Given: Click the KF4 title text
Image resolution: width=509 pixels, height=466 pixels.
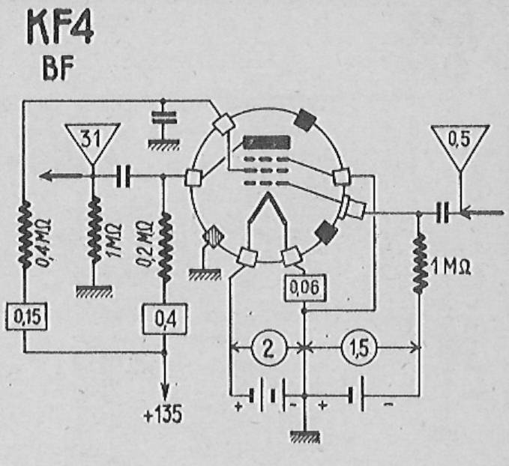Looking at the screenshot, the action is click(60, 27).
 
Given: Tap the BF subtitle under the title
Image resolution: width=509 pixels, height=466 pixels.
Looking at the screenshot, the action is click(58, 68).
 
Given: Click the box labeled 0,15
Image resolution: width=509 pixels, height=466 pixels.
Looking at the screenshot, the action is click(27, 316).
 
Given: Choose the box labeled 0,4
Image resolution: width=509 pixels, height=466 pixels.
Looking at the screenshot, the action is click(165, 319).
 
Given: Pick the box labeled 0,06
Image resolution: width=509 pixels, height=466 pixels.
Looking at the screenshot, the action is click(305, 288).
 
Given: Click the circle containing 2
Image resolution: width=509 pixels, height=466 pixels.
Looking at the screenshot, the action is click(269, 348).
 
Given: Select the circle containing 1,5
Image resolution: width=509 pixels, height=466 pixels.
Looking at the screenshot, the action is click(359, 348).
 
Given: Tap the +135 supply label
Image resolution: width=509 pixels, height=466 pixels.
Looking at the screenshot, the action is click(163, 414).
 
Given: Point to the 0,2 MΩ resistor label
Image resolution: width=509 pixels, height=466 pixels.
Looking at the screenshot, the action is click(145, 243).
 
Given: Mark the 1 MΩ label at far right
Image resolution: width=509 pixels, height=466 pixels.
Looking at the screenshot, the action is click(451, 267).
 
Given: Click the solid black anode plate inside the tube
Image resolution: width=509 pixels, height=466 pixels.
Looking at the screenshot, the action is click(267, 142).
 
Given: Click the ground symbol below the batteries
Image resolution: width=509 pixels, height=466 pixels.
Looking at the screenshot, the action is click(305, 437).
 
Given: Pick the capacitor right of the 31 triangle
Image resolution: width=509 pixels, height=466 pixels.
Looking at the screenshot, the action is click(124, 176).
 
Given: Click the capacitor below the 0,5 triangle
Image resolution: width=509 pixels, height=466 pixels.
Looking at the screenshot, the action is click(443, 213).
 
